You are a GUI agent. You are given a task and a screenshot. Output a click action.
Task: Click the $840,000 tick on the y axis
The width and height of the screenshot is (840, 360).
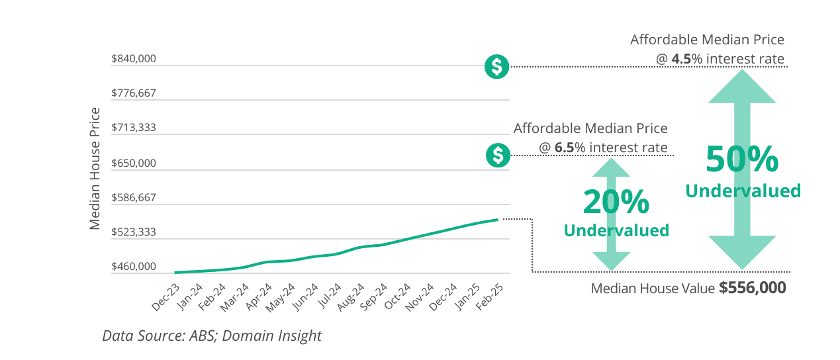(x=134, y=59)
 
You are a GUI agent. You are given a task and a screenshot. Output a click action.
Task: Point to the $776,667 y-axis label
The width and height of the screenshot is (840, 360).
(x=134, y=93)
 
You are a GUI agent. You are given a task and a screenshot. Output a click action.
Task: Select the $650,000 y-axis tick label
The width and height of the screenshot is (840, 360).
(x=134, y=163)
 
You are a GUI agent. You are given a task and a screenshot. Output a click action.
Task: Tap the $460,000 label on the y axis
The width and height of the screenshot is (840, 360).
(x=134, y=267)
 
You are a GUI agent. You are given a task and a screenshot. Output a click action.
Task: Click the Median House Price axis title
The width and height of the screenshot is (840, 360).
(x=95, y=168)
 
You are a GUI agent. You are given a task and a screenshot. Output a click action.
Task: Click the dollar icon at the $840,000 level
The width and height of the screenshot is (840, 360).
(x=496, y=67)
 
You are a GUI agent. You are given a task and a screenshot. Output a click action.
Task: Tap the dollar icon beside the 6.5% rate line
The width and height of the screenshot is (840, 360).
(x=498, y=156)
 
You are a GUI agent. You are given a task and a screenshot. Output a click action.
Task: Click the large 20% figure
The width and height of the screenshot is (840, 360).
(x=616, y=202)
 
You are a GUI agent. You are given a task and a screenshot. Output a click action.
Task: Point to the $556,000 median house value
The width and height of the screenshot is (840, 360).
(x=753, y=288)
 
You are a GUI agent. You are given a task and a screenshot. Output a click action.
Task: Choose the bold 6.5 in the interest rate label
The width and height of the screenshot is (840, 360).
(x=564, y=147)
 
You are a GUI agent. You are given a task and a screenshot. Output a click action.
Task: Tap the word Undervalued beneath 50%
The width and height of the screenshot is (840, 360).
(x=743, y=191)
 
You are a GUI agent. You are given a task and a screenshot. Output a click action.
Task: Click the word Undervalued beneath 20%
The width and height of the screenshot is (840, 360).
(x=616, y=230)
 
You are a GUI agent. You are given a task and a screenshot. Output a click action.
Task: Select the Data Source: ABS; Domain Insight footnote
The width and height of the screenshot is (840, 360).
(x=212, y=336)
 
